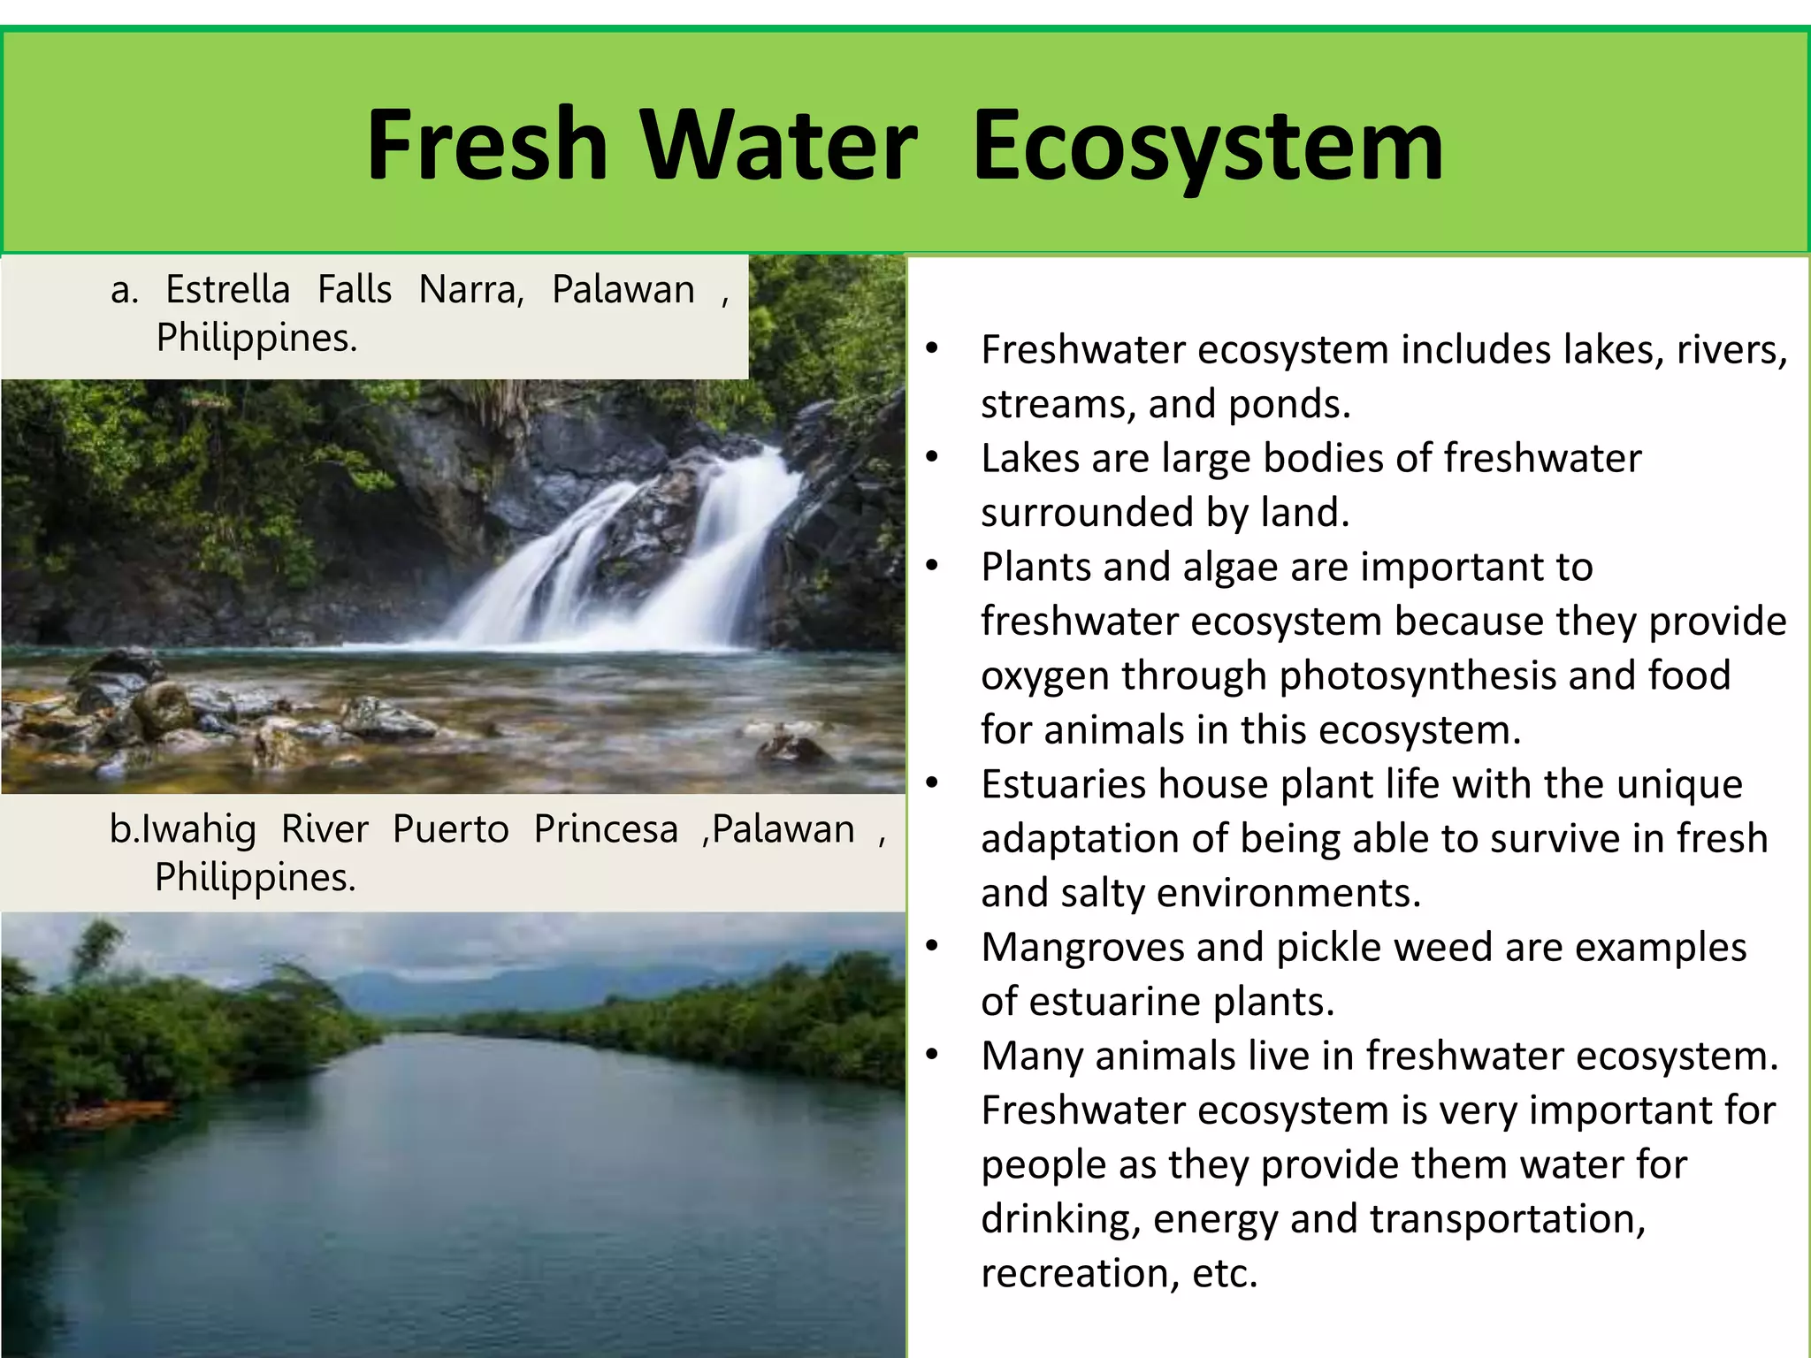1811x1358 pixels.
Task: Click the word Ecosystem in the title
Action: click(1208, 146)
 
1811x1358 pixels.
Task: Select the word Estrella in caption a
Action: click(228, 290)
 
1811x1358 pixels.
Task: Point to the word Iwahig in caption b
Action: click(199, 829)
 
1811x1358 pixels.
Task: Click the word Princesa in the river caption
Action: click(606, 829)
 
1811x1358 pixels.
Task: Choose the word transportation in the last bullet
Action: click(1507, 1219)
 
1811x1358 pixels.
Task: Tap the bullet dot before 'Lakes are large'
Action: click(931, 458)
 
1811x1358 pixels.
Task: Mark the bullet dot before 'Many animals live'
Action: click(931, 1056)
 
